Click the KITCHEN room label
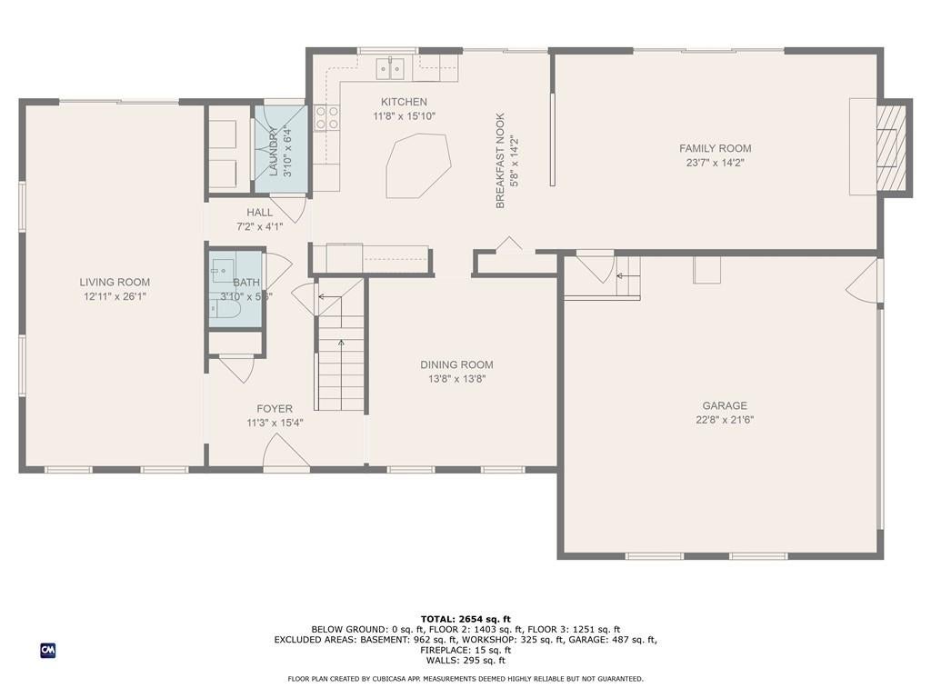point(404,102)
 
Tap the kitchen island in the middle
point(418,165)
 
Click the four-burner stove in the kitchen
point(327,117)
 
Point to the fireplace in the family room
point(891,146)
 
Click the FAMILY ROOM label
point(715,148)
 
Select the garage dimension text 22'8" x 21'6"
point(724,420)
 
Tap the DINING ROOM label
point(456,364)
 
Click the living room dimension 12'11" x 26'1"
point(115,296)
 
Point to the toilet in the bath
point(227,310)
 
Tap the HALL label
point(259,213)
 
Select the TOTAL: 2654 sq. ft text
point(465,619)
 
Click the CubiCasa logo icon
point(48,650)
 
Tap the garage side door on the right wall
point(866,282)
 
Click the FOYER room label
point(275,409)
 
